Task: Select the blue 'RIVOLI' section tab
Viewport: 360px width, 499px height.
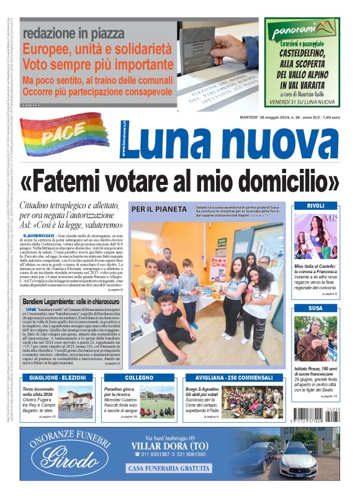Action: tap(315, 205)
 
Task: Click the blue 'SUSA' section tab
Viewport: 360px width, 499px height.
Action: tap(315, 308)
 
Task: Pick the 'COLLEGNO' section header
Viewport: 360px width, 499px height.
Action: tap(139, 377)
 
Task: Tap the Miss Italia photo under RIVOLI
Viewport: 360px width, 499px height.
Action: tap(315, 235)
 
